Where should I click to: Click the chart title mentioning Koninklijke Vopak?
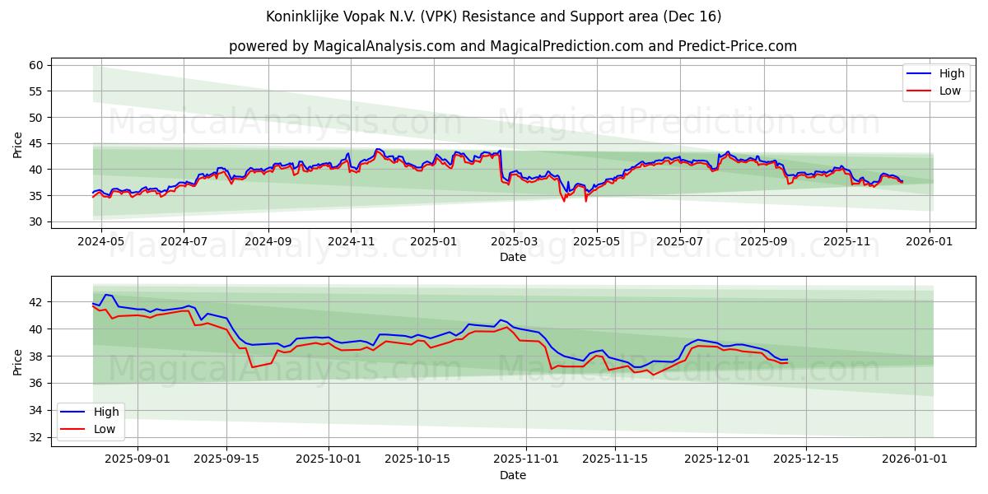click(494, 16)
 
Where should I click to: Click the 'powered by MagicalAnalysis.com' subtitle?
click(512, 46)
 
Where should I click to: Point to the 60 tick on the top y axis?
click(35, 65)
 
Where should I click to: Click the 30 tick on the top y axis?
click(35, 221)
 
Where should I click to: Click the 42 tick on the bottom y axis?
click(35, 302)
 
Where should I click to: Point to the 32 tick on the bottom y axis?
click(35, 437)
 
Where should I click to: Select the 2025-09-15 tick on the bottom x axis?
click(226, 459)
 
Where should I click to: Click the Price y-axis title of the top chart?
click(18, 144)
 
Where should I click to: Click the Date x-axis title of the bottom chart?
click(512, 475)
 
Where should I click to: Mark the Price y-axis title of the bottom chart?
click(18, 361)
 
